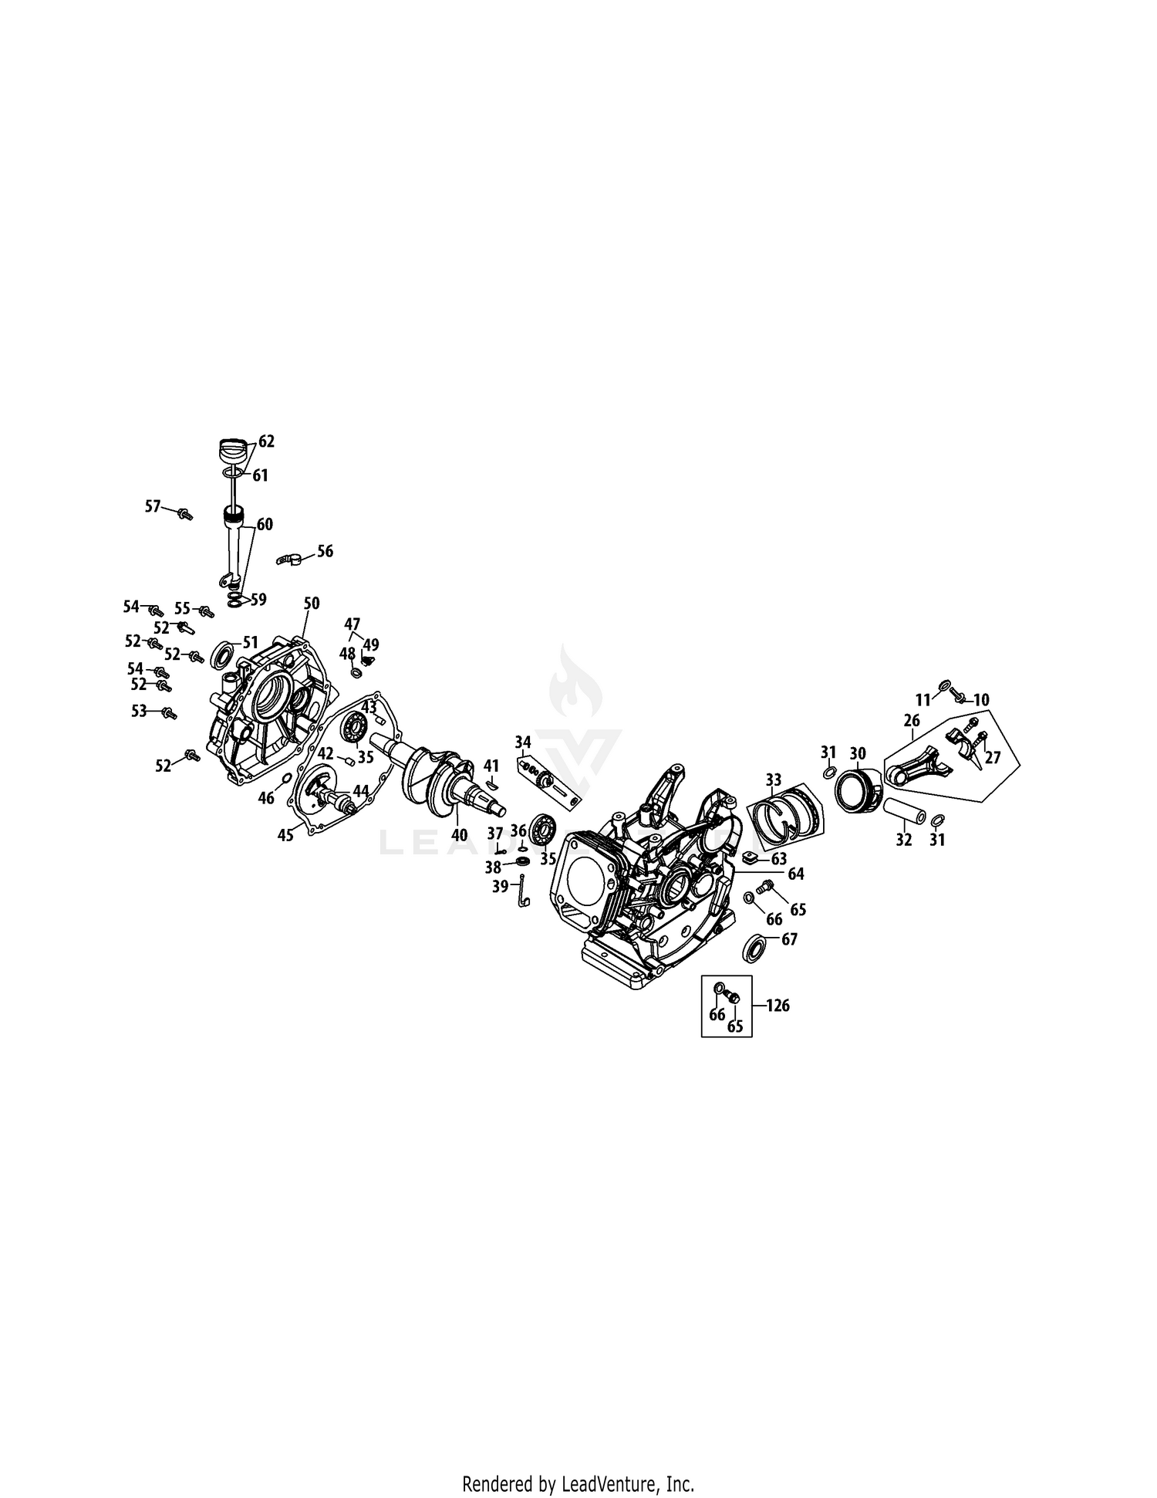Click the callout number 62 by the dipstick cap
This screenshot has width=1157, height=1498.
pos(266,441)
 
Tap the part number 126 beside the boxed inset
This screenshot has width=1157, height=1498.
pos(778,1006)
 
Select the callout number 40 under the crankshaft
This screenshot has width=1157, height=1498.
pos(459,835)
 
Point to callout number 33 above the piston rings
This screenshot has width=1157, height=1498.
pos(773,779)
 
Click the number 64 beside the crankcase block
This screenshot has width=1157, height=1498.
pos(795,874)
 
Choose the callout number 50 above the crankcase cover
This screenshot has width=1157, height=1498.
pos(311,603)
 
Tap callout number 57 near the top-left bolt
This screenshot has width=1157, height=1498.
pos(153,506)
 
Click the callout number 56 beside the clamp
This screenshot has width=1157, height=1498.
pos(325,551)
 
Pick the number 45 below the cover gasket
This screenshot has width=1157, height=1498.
pos(285,835)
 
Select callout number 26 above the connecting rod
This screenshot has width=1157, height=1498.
pos(912,721)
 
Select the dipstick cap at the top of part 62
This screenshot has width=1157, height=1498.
pos(234,450)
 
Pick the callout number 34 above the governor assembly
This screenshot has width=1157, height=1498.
pos(524,742)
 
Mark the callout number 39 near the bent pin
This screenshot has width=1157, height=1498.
pos(500,887)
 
